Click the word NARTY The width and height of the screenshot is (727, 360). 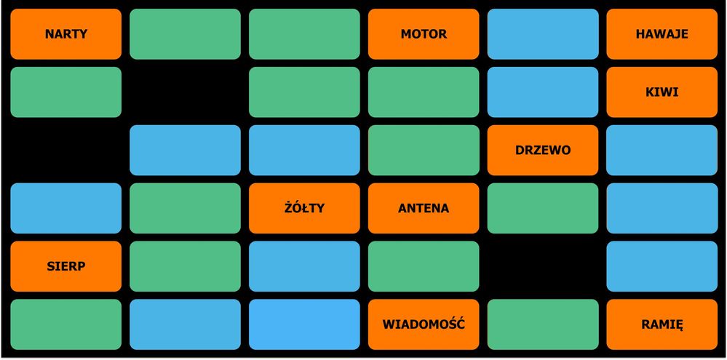click(65, 34)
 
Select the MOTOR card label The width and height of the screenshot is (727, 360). click(424, 34)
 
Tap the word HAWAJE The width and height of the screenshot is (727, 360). click(662, 34)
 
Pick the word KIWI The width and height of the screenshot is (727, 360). click(662, 92)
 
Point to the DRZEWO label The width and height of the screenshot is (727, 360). click(543, 150)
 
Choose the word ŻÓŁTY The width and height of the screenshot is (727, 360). click(304, 207)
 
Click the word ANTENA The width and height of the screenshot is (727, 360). click(424, 209)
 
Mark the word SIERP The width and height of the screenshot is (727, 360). click(65, 266)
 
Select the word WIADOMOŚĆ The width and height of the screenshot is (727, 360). click(424, 324)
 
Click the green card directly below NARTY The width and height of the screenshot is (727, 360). click(65, 92)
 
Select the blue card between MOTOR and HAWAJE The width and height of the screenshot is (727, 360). click(543, 34)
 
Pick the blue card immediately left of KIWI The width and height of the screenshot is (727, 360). click(543, 92)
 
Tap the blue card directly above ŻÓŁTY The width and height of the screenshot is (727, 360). click(304, 150)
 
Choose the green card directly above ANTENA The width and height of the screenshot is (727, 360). click(424, 150)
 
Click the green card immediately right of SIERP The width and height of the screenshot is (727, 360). click(185, 266)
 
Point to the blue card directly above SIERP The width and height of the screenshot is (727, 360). click(65, 209)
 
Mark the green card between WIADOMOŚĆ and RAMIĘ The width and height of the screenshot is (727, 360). click(543, 324)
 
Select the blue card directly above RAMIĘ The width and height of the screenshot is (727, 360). click(662, 266)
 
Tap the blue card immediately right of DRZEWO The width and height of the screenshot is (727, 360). click(662, 150)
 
